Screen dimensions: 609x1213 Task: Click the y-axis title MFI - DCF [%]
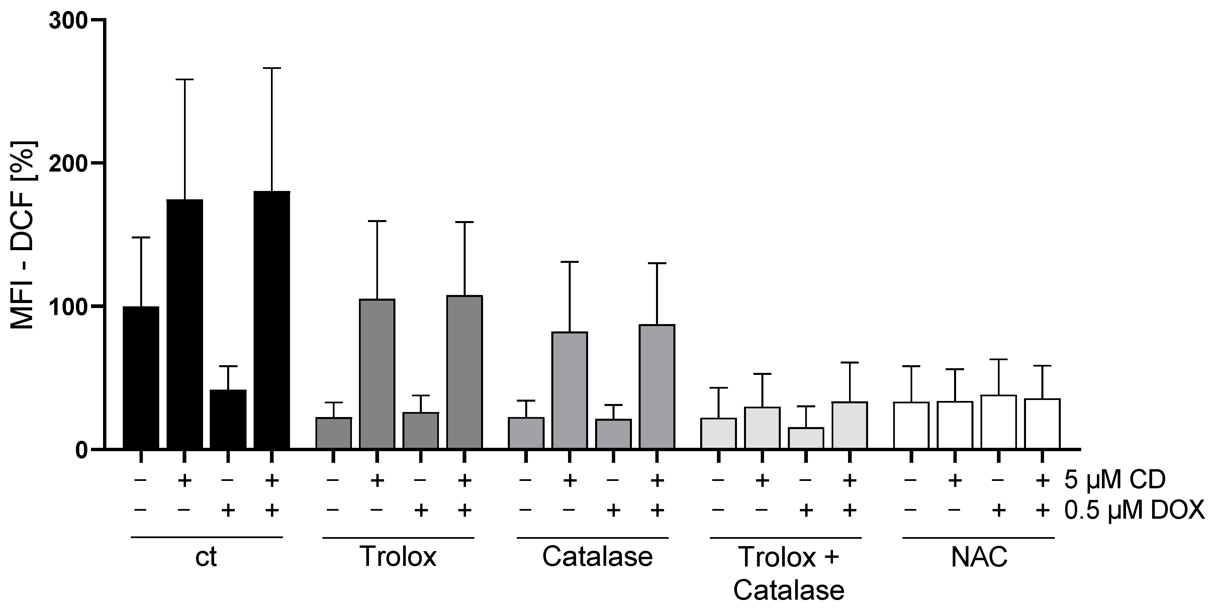tap(23, 235)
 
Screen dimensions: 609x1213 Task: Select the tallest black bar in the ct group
tap(272, 320)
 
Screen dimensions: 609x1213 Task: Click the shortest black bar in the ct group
tap(228, 419)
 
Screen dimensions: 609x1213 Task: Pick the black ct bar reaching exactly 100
tap(141, 378)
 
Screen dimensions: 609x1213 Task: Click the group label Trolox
tap(398, 557)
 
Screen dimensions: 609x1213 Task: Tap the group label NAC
tap(979, 557)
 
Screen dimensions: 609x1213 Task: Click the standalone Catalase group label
tap(597, 557)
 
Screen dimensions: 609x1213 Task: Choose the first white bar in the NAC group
tap(911, 425)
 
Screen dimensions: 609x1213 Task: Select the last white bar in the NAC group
tap(1042, 424)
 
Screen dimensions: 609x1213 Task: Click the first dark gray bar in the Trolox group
tap(334, 433)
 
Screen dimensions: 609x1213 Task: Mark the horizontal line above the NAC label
tap(978, 537)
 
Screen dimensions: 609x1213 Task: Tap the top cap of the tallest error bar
tap(272, 68)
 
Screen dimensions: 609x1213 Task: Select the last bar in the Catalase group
tap(657, 386)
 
